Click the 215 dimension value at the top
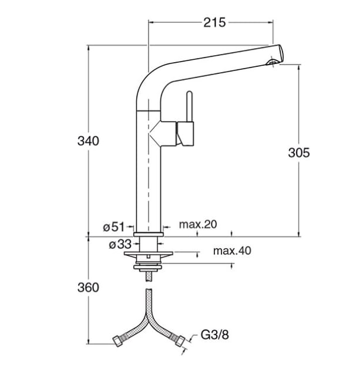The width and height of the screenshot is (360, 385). pyautogui.click(x=214, y=22)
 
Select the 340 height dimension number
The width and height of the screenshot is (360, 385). pyautogui.click(x=88, y=141)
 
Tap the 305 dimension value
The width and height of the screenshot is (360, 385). pyautogui.click(x=299, y=153)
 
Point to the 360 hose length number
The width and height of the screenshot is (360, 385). pyautogui.click(x=88, y=287)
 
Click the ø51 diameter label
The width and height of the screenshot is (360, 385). pyautogui.click(x=114, y=227)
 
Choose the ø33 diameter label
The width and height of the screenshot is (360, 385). pyautogui.click(x=120, y=244)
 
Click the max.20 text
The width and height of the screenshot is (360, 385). pyautogui.click(x=198, y=224)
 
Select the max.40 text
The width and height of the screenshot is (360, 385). pyautogui.click(x=232, y=251)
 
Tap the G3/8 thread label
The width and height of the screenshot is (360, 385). pyautogui.click(x=214, y=335)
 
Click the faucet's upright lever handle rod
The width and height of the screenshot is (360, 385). pyautogui.click(x=189, y=106)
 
